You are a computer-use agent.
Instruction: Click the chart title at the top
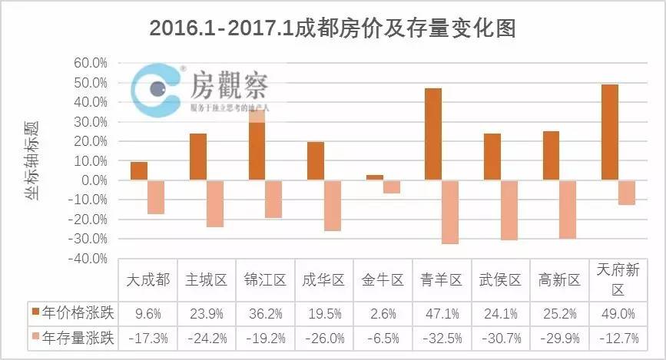click(332, 28)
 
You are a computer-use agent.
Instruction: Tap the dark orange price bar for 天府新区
click(609, 132)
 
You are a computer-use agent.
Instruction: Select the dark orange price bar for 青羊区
click(432, 134)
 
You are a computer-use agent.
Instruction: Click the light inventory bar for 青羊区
click(450, 212)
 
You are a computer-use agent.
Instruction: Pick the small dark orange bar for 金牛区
click(374, 177)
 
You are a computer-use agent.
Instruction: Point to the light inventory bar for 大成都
click(156, 197)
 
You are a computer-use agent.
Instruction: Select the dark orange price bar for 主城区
click(197, 157)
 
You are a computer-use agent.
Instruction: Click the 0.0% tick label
click(92, 180)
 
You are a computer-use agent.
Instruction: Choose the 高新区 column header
click(559, 280)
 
